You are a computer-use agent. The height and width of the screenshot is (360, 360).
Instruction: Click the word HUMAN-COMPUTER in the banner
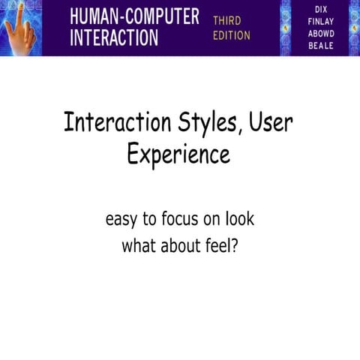pyautogui.click(x=133, y=16)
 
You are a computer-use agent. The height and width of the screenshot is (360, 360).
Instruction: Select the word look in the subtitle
pyautogui.click(x=238, y=220)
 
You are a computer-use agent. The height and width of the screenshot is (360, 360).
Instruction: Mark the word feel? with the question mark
pyautogui.click(x=223, y=245)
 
